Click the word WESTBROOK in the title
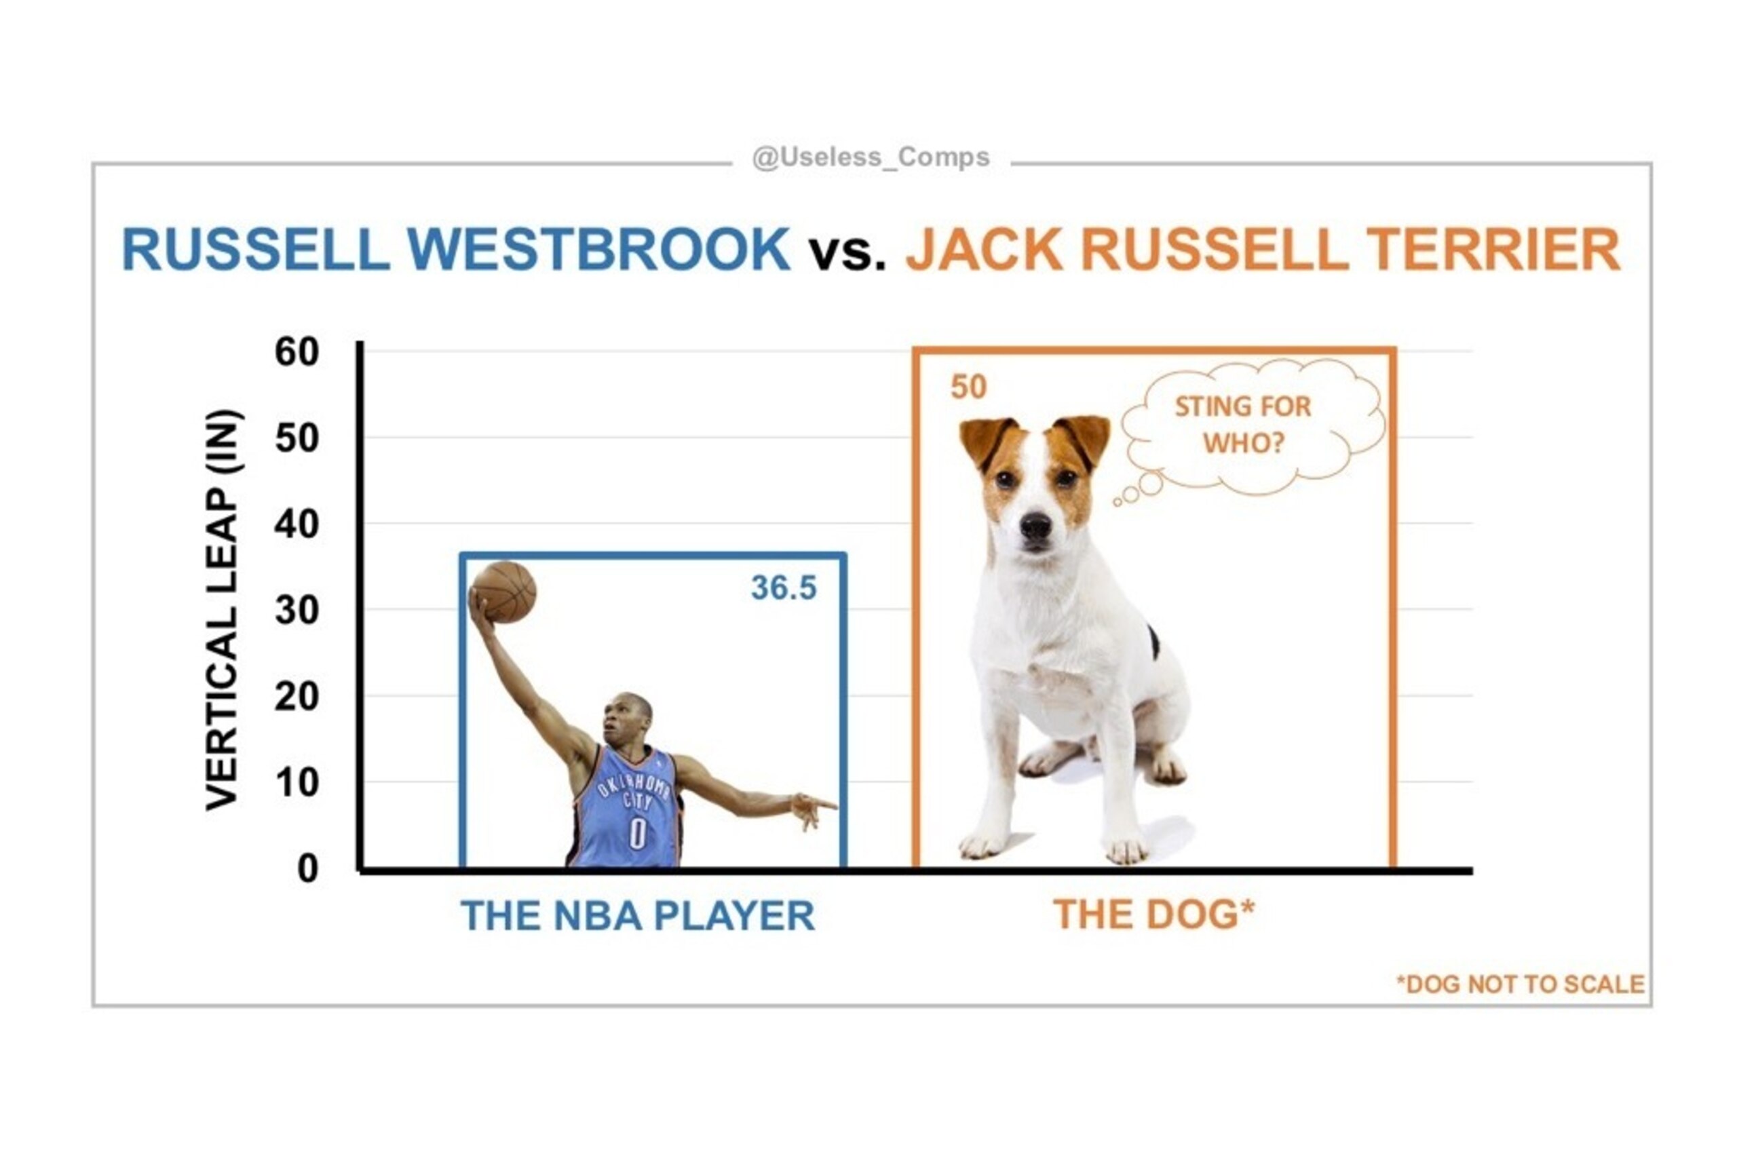(x=598, y=249)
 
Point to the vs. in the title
(x=847, y=253)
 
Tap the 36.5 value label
(x=783, y=588)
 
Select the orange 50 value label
(x=968, y=388)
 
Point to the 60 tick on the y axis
(x=297, y=351)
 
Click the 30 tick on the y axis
(x=297, y=611)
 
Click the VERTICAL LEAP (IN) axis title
(x=223, y=610)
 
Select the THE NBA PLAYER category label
(x=638, y=916)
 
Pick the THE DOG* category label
(x=1154, y=914)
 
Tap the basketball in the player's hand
(x=503, y=592)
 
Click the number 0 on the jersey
(x=637, y=833)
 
